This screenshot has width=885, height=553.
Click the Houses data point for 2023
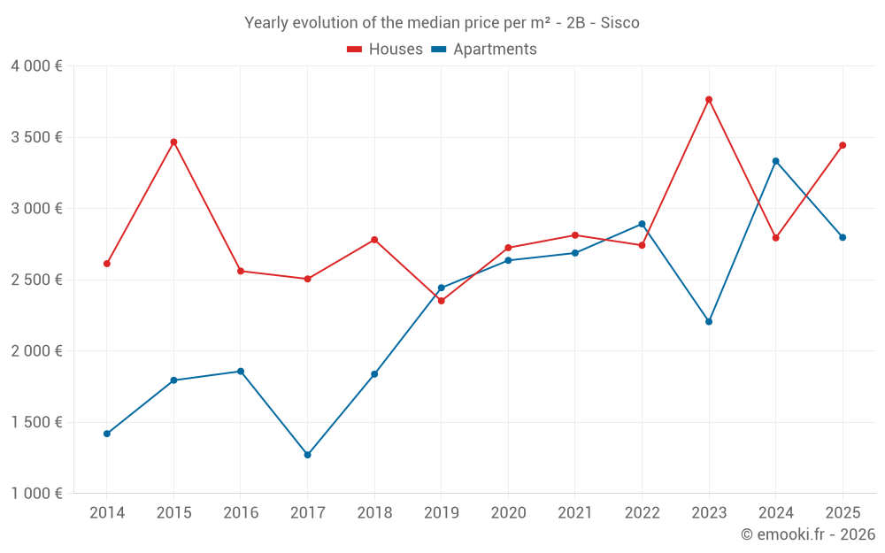click(709, 99)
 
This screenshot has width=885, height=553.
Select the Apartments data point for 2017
click(307, 455)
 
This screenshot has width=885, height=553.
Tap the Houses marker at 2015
click(173, 142)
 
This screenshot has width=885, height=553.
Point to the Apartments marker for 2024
click(776, 161)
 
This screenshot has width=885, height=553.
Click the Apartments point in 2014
click(107, 434)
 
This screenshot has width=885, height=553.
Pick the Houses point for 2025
click(843, 145)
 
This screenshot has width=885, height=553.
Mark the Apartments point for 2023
click(709, 321)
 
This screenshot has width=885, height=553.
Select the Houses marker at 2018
click(374, 240)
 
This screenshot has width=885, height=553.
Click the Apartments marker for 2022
click(642, 224)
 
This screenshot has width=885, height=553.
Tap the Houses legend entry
click(385, 50)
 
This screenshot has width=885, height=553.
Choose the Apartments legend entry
click(484, 50)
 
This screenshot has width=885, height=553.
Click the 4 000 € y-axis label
click(36, 66)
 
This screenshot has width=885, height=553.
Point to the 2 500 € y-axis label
click(36, 280)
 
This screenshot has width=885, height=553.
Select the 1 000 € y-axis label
click(36, 493)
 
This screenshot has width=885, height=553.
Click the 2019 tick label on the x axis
click(442, 513)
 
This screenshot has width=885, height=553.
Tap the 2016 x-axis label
click(241, 513)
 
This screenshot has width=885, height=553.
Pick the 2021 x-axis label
click(575, 513)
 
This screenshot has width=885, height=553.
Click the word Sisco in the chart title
click(619, 23)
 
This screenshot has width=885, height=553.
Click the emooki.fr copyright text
click(808, 534)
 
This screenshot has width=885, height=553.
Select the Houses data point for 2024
click(776, 237)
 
